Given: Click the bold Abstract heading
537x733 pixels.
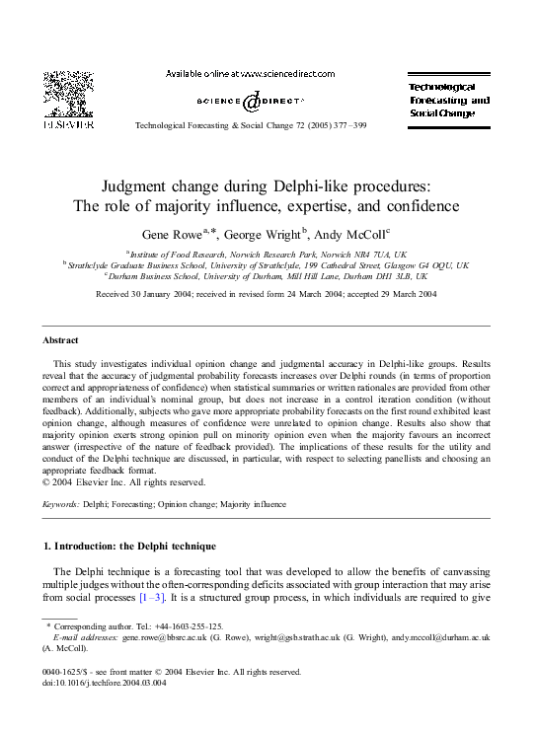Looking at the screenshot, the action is [60, 340].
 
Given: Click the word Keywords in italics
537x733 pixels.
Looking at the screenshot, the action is [61, 503].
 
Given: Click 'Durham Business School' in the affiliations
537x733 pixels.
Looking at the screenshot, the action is [160, 277].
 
